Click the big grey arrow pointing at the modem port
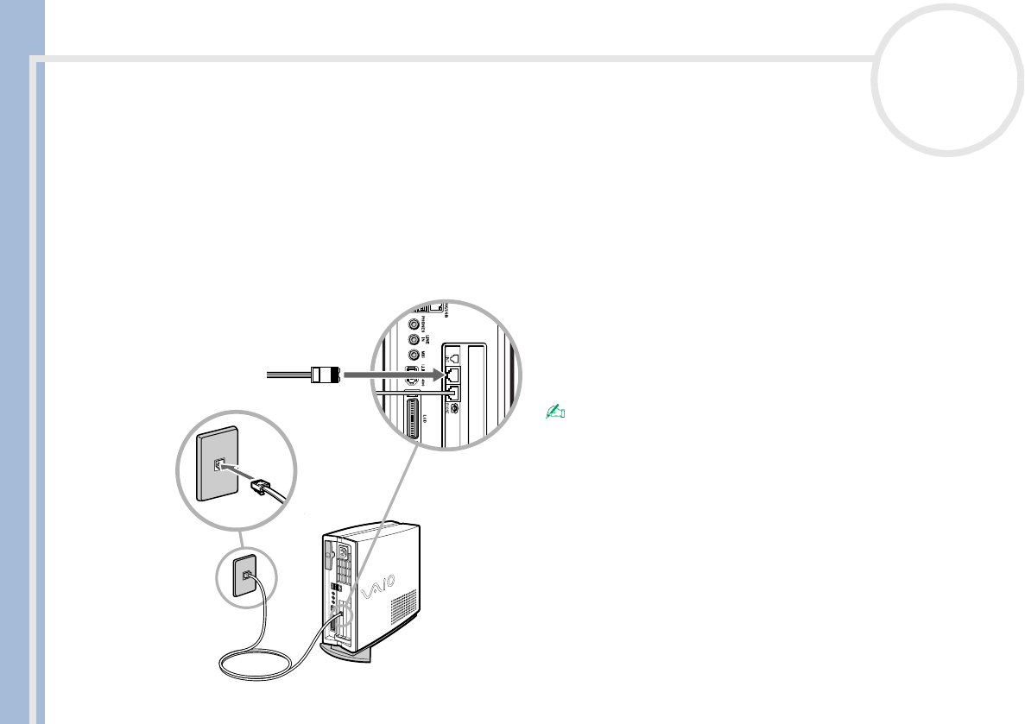tap(389, 375)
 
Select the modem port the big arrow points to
tap(452, 375)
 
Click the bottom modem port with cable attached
tap(452, 393)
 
